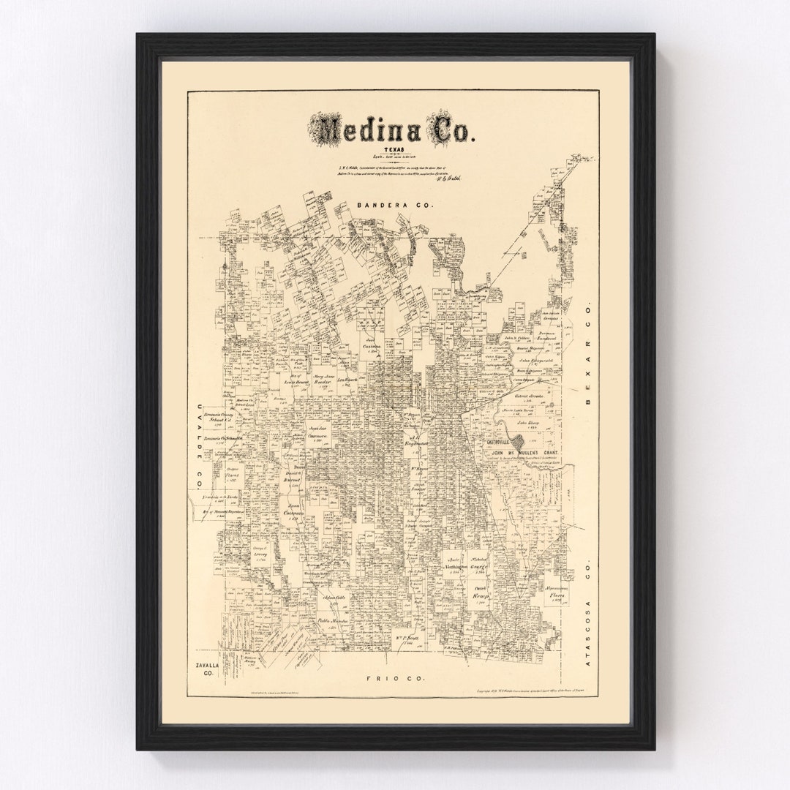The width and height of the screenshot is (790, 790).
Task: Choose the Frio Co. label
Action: [393, 679]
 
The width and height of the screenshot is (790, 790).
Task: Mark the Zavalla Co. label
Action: [202, 669]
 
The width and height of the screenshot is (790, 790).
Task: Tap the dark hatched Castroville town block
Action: [519, 442]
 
